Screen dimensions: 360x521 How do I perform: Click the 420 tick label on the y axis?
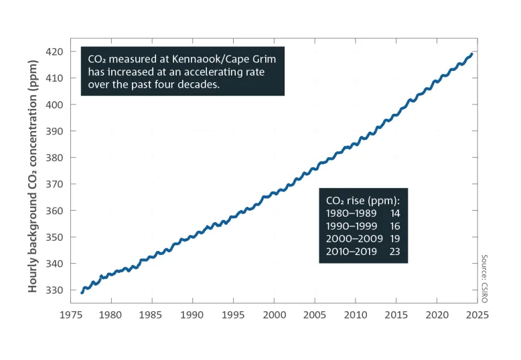click(x=56, y=52)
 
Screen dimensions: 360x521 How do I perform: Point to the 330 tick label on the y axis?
click(x=56, y=290)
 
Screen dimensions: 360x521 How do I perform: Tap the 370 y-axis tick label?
click(x=56, y=184)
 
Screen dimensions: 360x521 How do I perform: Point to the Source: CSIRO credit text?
click(x=483, y=278)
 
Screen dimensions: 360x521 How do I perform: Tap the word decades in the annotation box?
click(x=199, y=85)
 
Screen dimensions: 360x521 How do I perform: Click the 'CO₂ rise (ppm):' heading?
click(x=362, y=201)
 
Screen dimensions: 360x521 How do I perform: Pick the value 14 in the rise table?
click(x=394, y=213)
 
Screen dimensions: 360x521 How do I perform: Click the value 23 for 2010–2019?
click(x=394, y=252)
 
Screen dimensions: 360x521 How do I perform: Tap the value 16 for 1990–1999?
click(x=394, y=226)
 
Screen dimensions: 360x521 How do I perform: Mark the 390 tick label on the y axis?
click(x=56, y=131)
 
